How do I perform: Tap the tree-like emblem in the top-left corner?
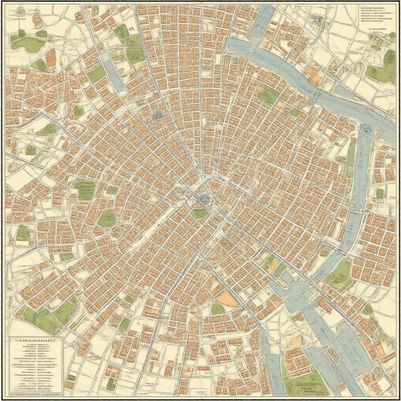(x=19, y=13)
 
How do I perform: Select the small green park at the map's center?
(x=200, y=213)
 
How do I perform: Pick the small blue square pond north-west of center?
(x=158, y=116)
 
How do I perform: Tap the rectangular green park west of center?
(x=86, y=190)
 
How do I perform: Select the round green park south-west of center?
(x=107, y=219)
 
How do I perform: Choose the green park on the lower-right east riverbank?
(x=338, y=274)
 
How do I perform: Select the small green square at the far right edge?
(x=379, y=193)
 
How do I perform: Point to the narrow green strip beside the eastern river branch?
(x=351, y=157)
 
